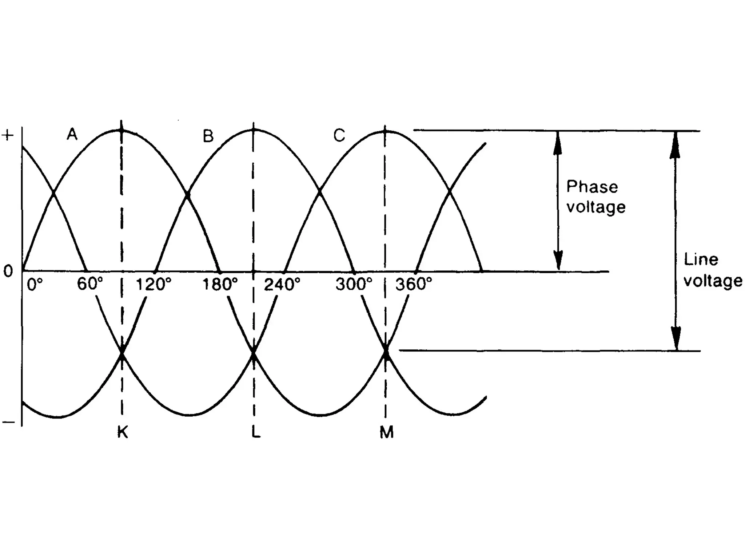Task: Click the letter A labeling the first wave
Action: [72, 135]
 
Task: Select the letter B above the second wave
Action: [208, 136]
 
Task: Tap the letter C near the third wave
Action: [339, 136]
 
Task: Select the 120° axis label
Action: [153, 284]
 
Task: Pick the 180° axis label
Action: [220, 284]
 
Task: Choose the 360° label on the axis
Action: [414, 284]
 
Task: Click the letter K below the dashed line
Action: [123, 432]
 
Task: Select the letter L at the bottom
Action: [256, 432]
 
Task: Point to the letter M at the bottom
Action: [386, 432]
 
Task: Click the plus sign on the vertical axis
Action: [8, 135]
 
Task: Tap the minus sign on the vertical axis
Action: [8, 422]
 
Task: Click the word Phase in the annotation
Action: [592, 187]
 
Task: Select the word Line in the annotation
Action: [701, 259]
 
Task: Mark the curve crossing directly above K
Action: [122, 353]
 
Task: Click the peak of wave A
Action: [121, 130]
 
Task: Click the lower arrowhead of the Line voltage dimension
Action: [676, 338]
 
